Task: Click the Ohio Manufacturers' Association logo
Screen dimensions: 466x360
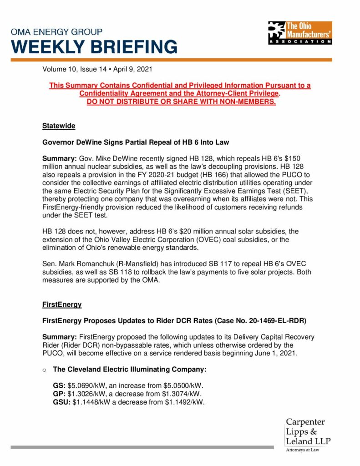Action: pos(300,32)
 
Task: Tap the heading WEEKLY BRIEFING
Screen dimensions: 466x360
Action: pos(94,46)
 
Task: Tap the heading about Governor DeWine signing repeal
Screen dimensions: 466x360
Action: pos(136,142)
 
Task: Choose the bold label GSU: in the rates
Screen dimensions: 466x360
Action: pos(62,402)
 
